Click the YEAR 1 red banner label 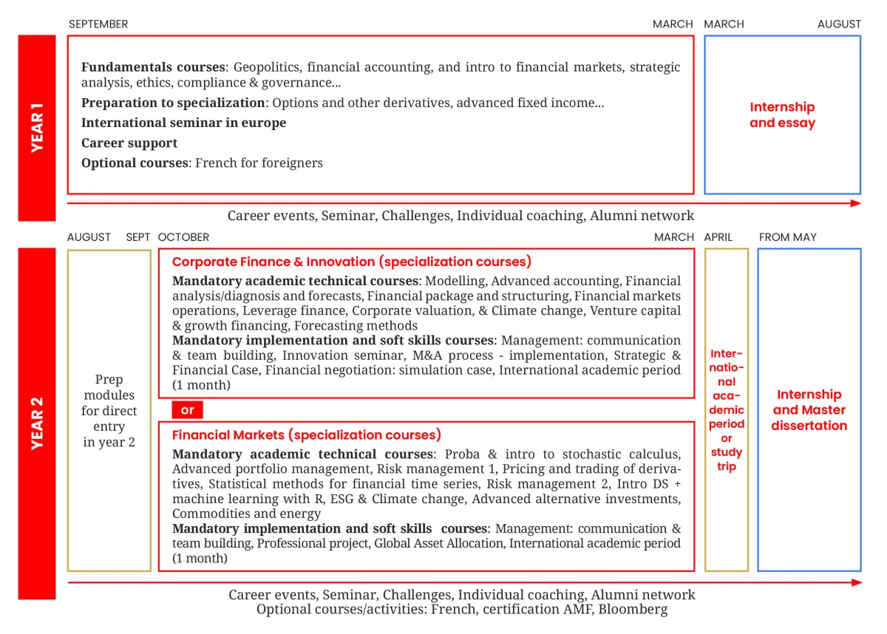click(37, 128)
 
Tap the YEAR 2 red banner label click(37, 423)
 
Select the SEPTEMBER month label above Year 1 click(98, 24)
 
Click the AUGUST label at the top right click(839, 24)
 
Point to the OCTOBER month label click(183, 237)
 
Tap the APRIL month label click(718, 237)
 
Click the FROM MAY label click(787, 237)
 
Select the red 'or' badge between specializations click(188, 410)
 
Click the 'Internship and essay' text click(782, 115)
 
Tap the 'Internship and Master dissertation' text click(809, 410)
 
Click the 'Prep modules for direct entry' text click(109, 411)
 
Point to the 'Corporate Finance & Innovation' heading click(273, 262)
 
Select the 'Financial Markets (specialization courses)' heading click(306, 434)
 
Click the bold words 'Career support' click(129, 143)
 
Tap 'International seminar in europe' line click(183, 123)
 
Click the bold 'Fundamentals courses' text click(152, 67)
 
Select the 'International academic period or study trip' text click(727, 410)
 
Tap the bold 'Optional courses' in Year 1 click(135, 163)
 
